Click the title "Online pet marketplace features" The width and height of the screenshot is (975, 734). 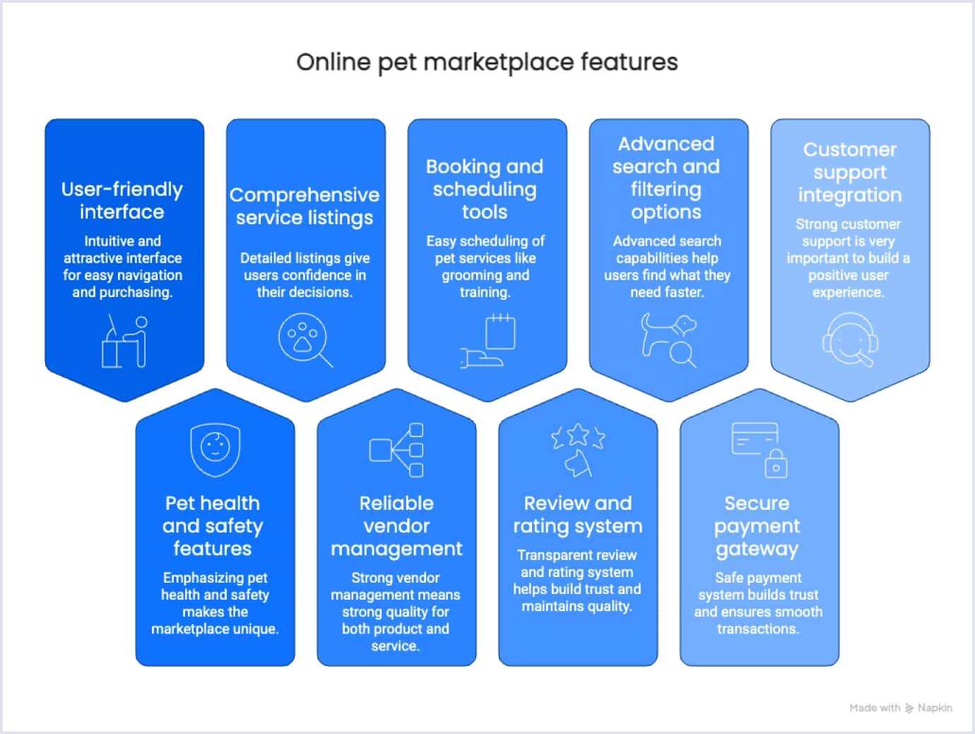tap(487, 62)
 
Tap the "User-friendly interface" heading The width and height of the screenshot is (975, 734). tap(122, 201)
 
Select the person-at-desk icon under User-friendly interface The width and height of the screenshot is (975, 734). tap(124, 342)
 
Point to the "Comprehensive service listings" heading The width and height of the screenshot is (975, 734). tap(305, 206)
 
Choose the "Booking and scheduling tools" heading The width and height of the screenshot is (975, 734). tap(485, 190)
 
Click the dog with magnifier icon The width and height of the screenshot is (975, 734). tap(668, 339)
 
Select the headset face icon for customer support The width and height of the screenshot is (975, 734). tap(850, 341)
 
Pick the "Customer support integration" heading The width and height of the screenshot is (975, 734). tap(850, 173)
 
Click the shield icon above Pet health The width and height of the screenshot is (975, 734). tap(215, 448)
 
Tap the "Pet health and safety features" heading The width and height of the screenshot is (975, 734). tap(213, 526)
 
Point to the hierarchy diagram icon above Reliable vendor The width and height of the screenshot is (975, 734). tap(396, 450)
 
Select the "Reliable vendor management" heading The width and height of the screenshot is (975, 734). tap(396, 526)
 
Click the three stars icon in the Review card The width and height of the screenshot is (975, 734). tap(578, 436)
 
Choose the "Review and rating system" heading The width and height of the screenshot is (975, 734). tap(578, 515)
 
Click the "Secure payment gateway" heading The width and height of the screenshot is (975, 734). tap(757, 526)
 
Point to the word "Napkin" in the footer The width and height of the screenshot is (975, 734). tap(935, 708)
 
